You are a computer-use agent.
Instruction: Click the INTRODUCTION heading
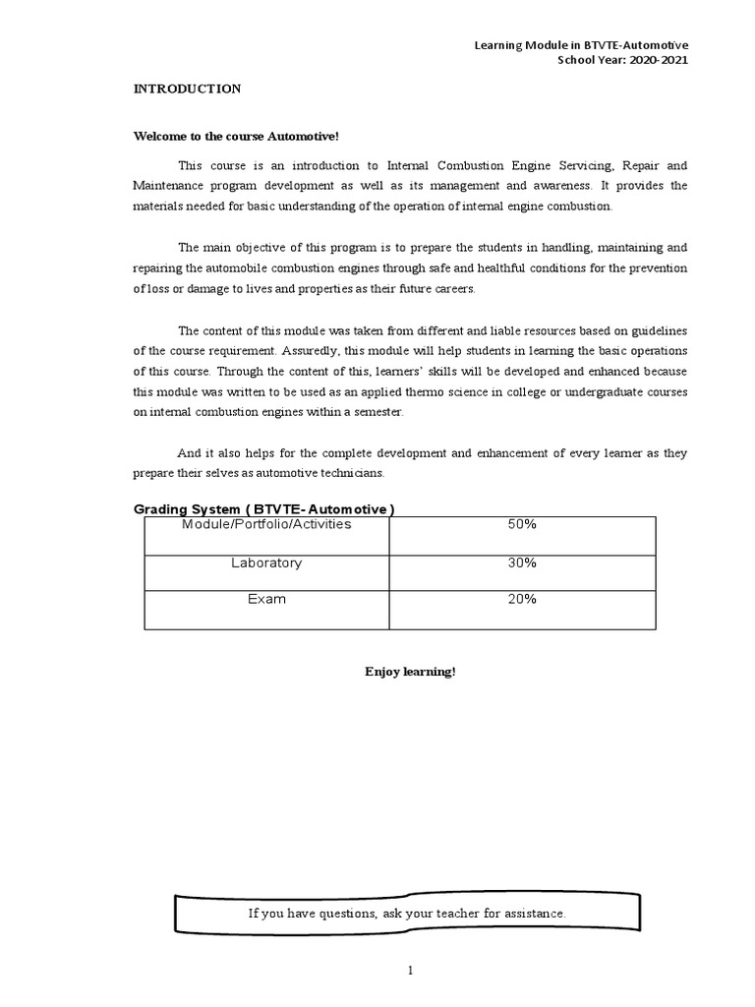tap(187, 89)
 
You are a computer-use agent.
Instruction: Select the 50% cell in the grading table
tap(522, 525)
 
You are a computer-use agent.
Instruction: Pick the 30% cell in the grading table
tap(522, 563)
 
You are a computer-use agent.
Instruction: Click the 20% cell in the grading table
tap(522, 599)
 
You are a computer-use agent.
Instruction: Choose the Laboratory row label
tap(266, 563)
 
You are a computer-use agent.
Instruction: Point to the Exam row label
tap(266, 599)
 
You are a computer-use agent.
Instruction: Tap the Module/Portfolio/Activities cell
tap(266, 525)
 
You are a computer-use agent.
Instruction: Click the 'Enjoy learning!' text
tap(410, 672)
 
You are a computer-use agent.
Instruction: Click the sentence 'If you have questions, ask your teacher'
tap(407, 914)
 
